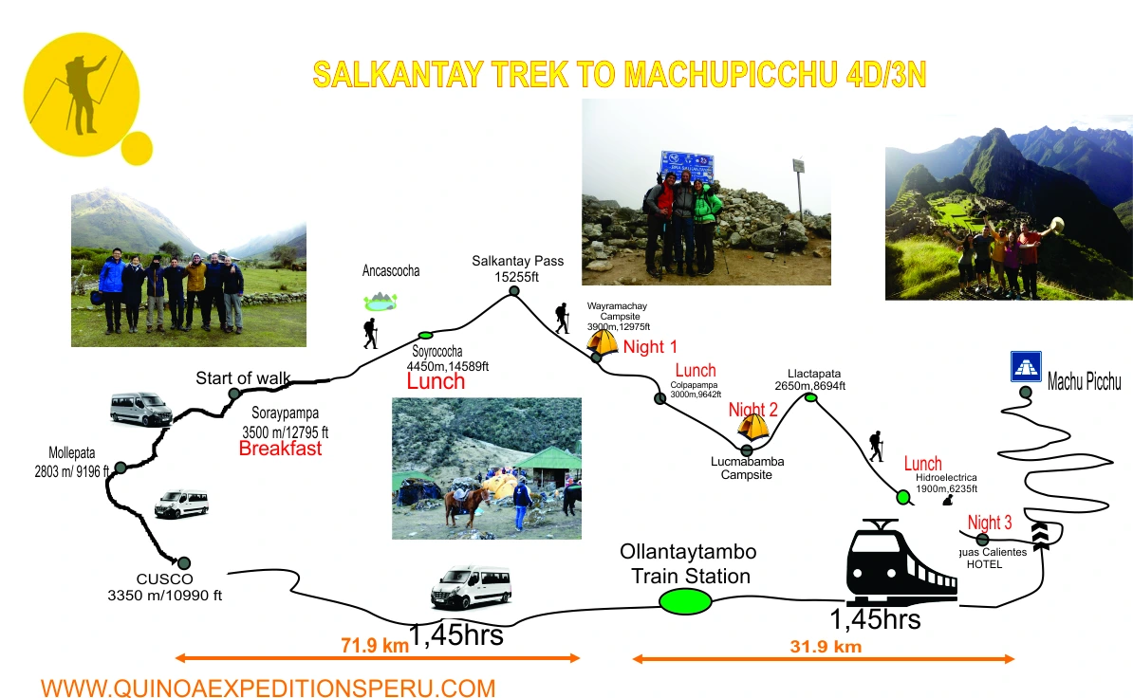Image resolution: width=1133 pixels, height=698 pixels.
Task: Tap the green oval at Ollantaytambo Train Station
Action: pos(685,601)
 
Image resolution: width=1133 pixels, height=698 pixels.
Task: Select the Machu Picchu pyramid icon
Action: pos(1026,367)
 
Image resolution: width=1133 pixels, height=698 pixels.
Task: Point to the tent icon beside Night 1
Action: pos(603,341)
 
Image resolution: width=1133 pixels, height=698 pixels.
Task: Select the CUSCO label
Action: pos(164,579)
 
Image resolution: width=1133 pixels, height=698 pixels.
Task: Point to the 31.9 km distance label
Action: pos(825,647)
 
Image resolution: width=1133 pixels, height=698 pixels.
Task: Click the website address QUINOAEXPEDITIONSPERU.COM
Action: pos(268,688)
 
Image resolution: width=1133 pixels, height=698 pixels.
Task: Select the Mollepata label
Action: pos(72,461)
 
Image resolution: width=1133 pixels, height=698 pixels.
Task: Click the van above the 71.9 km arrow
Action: pos(471,587)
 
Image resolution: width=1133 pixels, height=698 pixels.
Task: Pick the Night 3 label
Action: pos(990,523)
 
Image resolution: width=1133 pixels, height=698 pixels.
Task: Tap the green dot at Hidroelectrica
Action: pos(903,496)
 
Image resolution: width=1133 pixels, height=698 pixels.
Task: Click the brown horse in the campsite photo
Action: pos(464,504)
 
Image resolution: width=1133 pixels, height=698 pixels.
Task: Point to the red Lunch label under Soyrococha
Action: pos(436,382)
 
